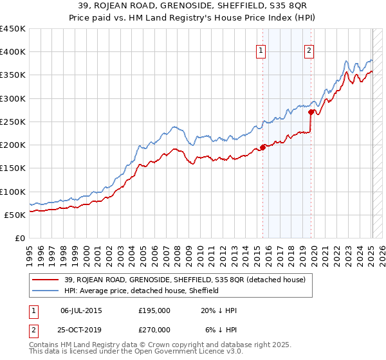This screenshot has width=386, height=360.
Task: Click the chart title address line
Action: [193, 6]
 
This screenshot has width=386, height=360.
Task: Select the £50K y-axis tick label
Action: [15, 215]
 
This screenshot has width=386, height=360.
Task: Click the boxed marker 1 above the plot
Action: [262, 52]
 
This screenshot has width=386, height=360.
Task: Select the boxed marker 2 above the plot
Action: [309, 52]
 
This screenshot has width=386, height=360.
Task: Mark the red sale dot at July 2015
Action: [263, 147]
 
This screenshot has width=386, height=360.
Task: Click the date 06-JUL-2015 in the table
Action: [81, 310]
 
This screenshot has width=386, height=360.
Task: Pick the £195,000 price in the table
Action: [154, 310]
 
